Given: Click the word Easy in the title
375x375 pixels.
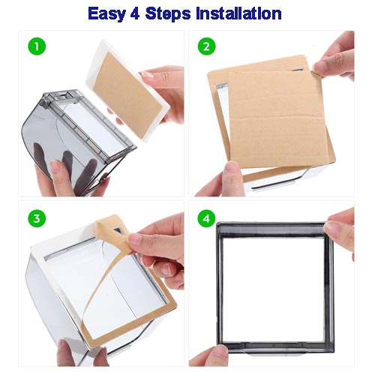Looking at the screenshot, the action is tap(106, 14).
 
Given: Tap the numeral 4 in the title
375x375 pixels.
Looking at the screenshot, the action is tap(135, 13).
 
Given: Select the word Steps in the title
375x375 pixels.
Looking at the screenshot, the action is tap(167, 14).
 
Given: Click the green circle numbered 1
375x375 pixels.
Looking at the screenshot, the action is tap(37, 46).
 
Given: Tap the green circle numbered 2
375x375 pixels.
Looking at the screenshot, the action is tap(206, 46).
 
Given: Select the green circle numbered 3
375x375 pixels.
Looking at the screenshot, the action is tap(37, 218).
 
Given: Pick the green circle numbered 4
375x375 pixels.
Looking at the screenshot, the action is tap(206, 218).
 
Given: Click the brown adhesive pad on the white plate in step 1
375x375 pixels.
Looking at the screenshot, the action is tap(127, 95).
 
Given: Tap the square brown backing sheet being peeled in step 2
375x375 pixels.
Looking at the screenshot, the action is tap(277, 118).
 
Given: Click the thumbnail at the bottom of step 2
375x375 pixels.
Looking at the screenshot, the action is tap(231, 168).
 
